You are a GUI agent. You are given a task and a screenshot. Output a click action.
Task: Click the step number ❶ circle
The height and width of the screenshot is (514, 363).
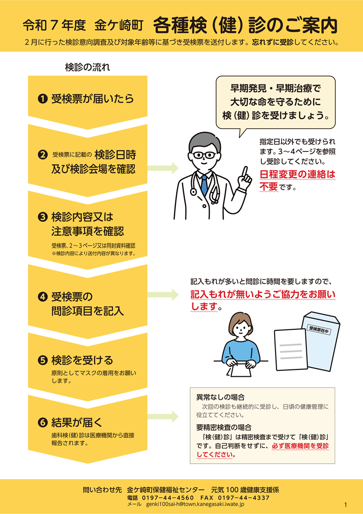(x=43, y=99)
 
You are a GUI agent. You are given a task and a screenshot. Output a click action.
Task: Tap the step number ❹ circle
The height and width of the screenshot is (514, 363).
(x=43, y=297)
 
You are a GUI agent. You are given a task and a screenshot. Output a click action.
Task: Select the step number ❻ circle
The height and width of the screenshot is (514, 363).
(x=43, y=423)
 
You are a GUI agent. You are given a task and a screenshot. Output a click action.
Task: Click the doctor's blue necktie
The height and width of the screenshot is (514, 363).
(x=204, y=185)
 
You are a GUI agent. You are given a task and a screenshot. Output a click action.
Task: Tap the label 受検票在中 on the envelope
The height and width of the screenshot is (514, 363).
(x=319, y=330)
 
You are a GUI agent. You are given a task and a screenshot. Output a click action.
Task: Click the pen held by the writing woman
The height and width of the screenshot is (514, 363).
(x=233, y=359)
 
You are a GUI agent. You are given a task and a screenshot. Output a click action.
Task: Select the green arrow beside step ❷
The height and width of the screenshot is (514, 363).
(x=163, y=168)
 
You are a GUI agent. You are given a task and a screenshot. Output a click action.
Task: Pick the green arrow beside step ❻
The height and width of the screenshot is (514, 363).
(x=163, y=417)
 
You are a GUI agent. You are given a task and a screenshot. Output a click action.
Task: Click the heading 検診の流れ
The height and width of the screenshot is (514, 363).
(x=87, y=67)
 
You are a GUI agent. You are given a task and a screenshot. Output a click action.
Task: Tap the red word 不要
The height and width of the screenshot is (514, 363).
(x=269, y=187)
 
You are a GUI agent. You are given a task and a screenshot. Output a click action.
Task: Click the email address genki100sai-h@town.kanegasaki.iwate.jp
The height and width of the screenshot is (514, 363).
(x=195, y=504)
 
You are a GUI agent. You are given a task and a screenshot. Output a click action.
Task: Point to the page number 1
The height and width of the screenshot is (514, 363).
(x=345, y=505)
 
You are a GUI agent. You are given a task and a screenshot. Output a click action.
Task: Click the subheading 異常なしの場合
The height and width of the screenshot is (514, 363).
(x=220, y=397)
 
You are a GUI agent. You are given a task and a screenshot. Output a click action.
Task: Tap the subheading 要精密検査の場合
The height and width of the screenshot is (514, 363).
(x=224, y=428)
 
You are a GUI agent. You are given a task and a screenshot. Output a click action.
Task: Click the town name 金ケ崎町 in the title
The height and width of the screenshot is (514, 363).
(x=119, y=25)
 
